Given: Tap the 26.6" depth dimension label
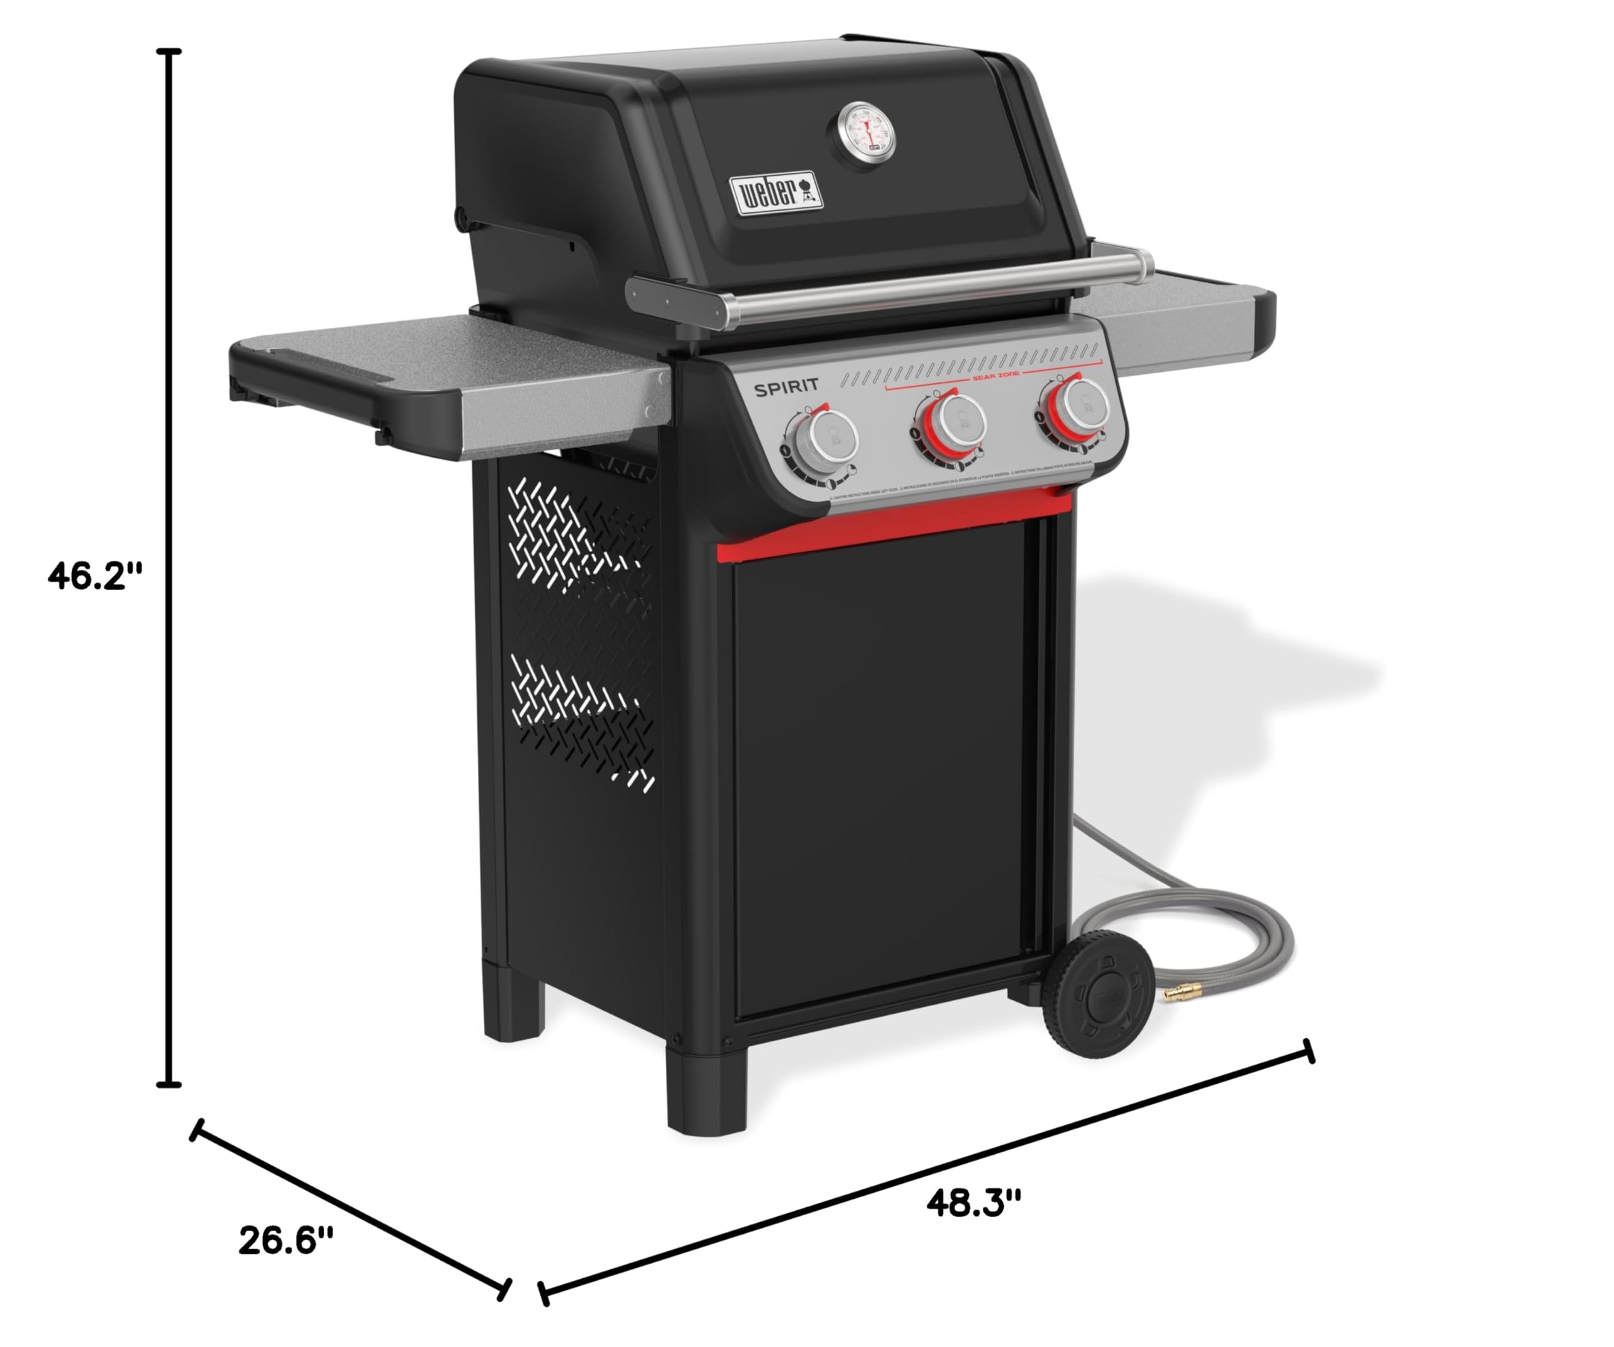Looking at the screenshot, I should (286, 1241).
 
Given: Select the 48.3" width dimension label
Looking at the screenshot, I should (973, 1203).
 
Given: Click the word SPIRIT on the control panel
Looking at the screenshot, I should (786, 388).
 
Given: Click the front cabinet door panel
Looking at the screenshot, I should (884, 768).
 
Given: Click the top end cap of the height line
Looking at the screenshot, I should (168, 52).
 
